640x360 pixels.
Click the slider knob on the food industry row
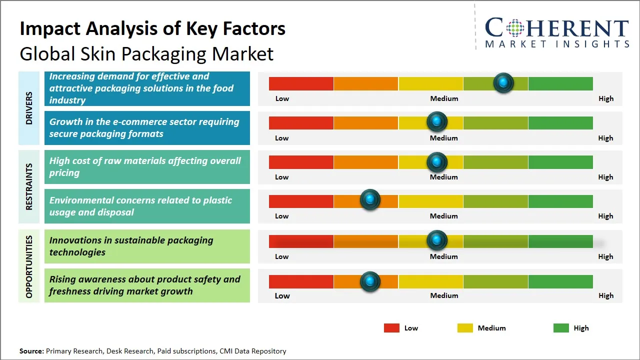point(503,82)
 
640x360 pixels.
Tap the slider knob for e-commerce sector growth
point(437,121)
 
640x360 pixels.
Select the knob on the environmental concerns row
point(370,200)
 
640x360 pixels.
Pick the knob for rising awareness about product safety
point(370,281)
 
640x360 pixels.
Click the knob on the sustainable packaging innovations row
point(437,240)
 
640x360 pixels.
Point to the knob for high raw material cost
point(437,162)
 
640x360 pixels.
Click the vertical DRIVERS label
point(29,107)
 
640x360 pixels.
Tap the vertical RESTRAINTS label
point(29,186)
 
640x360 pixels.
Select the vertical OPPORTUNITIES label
point(29,267)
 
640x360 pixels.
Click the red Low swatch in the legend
point(391,328)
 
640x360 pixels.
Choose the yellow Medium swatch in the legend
point(465,328)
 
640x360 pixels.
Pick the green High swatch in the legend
point(561,328)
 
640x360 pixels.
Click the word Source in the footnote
point(31,351)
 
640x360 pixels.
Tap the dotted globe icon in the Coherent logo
point(515,28)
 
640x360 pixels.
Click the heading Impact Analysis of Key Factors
point(152,28)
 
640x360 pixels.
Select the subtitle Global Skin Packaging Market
point(146,53)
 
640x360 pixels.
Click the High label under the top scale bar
point(605,98)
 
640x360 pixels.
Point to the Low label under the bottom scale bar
point(282,295)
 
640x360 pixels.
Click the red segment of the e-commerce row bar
point(301,122)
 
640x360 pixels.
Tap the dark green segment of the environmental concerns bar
point(560,201)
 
